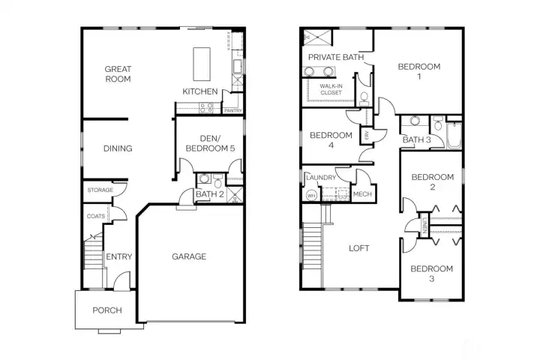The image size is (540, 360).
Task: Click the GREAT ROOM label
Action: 118,73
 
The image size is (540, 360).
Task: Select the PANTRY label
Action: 233,111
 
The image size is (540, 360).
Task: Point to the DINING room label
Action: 118,148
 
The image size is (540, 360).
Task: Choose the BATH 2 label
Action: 211,195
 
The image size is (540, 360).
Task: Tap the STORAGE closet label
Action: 100,190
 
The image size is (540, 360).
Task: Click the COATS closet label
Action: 96,216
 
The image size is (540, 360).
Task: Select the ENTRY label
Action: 118,257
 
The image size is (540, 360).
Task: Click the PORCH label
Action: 106,310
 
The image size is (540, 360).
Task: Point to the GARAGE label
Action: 189,256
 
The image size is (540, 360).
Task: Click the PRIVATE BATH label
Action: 335,57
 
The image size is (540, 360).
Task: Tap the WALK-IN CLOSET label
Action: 331,90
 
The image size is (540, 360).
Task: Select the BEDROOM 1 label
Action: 418,71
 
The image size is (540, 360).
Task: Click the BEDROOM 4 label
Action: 331,140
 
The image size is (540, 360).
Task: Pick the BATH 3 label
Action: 416,139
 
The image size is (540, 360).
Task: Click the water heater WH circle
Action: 311,195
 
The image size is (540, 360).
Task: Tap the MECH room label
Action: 362,194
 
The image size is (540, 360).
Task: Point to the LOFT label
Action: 359,248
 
